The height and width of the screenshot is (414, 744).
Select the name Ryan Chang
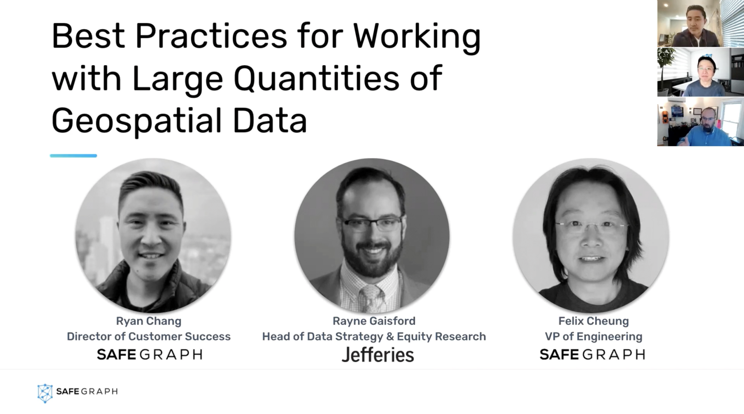click(149, 321)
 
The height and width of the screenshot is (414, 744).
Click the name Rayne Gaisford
click(374, 321)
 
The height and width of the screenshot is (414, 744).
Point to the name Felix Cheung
click(593, 321)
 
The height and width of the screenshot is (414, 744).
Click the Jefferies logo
click(378, 355)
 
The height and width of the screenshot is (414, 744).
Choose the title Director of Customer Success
click(149, 336)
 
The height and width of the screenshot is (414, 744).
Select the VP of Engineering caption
click(593, 336)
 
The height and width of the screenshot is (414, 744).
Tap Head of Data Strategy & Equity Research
click(374, 336)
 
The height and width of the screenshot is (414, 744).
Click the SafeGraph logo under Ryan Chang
click(149, 354)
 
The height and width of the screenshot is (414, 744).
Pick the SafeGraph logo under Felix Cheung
click(592, 354)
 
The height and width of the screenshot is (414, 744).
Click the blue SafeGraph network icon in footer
click(45, 393)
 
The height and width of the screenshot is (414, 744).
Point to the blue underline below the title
click(73, 156)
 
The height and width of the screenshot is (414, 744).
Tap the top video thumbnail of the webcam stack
click(700, 23)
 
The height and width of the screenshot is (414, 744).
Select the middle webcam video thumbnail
click(700, 72)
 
